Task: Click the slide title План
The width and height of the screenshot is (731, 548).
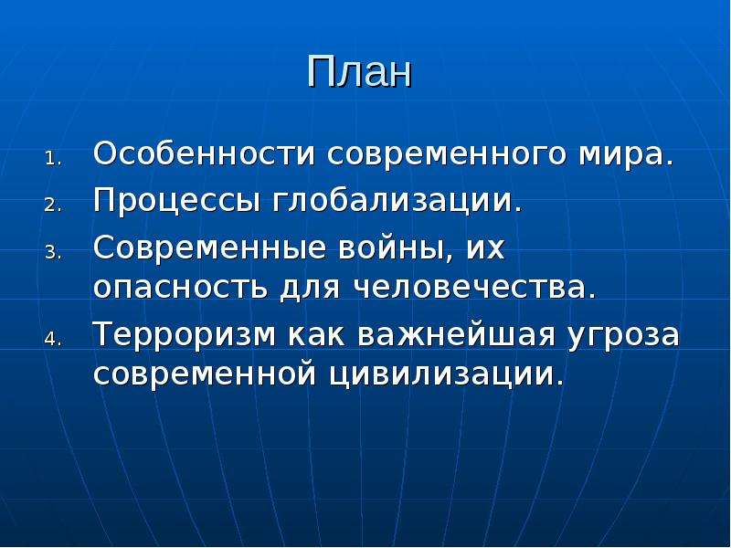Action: tap(359, 72)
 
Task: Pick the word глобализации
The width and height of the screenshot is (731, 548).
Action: tap(397, 200)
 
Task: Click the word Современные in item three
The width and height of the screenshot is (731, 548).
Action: tap(209, 248)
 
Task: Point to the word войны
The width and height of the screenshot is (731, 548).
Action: tap(396, 248)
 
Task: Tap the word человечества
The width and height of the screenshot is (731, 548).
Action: tap(476, 288)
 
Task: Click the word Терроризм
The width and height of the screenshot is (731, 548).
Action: tap(185, 335)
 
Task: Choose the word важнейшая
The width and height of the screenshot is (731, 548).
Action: tap(457, 334)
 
